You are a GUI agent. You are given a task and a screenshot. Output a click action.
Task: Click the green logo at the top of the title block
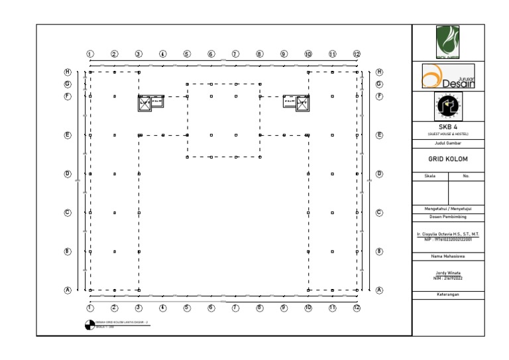pos(447,41)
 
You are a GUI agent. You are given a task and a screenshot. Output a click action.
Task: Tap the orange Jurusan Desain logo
pos(448,76)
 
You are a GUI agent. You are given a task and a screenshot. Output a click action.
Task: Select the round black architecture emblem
pos(448,105)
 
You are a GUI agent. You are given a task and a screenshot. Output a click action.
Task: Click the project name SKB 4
pos(448,127)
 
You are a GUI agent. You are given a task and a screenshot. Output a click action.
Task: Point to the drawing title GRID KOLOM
pos(448,159)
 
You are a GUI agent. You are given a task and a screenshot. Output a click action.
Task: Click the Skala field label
pos(430,176)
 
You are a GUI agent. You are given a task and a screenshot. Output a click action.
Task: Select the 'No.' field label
pos(466,176)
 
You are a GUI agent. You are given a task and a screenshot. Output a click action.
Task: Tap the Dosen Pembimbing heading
pos(448,217)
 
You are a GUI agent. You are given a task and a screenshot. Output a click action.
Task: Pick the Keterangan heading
pos(448,294)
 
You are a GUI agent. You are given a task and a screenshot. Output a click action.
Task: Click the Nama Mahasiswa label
pos(448,256)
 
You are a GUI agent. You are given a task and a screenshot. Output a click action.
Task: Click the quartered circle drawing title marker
pos(89,324)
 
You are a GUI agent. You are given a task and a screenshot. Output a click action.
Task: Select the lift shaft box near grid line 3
pos(144,103)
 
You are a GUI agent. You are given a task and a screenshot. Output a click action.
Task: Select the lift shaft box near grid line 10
pos(302,103)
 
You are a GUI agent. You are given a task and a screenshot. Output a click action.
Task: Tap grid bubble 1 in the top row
pos(90,54)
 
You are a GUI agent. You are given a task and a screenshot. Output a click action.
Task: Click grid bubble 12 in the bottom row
pos(357,308)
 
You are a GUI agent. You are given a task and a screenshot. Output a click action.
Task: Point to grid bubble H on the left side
pos(68,72)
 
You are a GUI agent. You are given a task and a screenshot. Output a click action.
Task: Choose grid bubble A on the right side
pos(380,290)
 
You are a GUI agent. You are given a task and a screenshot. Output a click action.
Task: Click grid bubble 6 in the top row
pos(211,54)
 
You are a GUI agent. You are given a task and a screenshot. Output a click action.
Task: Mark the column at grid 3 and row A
pos(139,290)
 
